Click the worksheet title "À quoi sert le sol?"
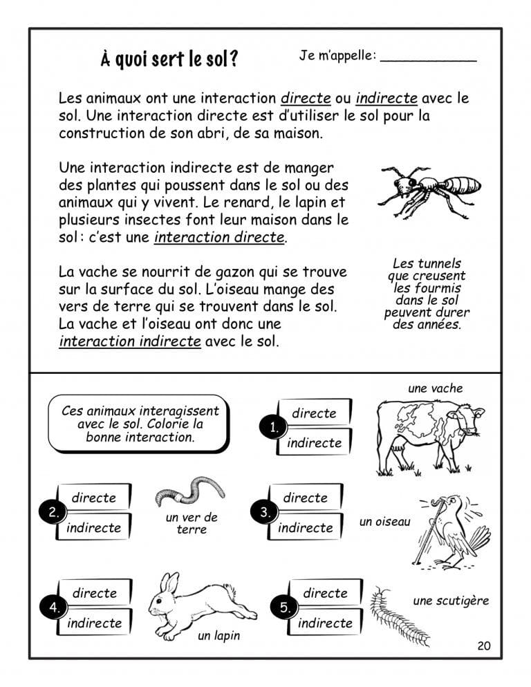click(169, 59)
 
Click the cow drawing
click(428, 435)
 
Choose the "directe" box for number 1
click(314, 413)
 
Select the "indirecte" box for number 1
click(314, 443)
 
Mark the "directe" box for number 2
click(94, 498)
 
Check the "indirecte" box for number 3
click(305, 527)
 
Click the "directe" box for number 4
click(94, 593)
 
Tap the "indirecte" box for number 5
click(325, 623)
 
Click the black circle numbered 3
click(265, 512)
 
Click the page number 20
click(483, 646)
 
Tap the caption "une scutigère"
click(451, 601)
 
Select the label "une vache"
click(436, 388)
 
